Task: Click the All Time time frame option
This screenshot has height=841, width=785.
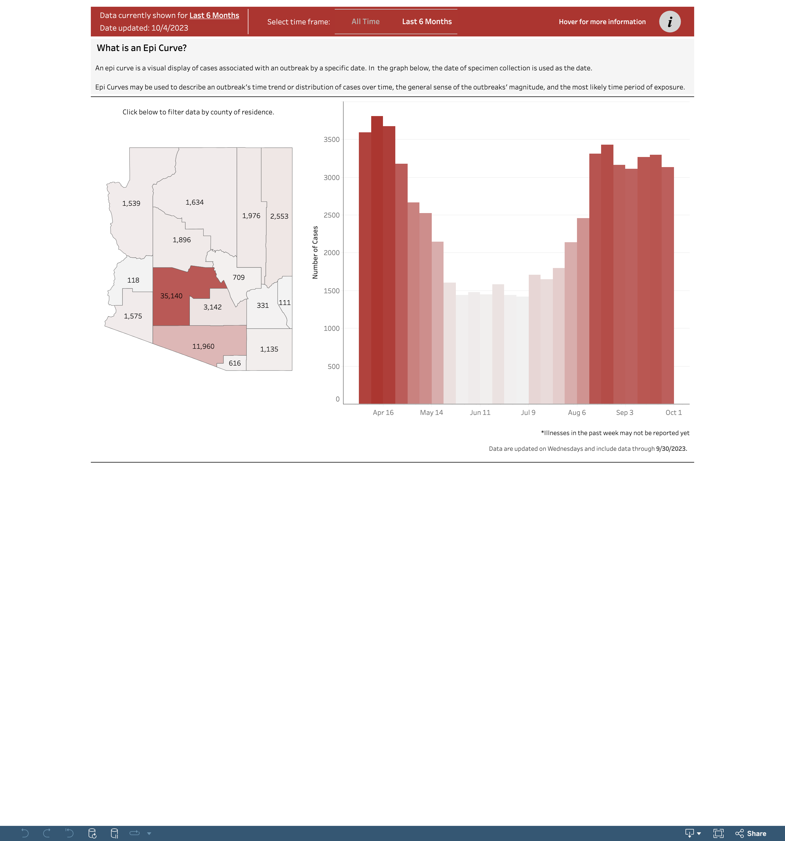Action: [x=365, y=22]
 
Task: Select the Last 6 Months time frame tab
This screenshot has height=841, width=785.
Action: [x=427, y=22]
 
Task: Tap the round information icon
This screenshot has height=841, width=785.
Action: [x=669, y=22]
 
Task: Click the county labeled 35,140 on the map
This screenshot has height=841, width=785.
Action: [x=171, y=296]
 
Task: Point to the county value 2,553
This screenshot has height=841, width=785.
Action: [x=279, y=216]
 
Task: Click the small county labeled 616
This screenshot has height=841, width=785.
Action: [x=234, y=363]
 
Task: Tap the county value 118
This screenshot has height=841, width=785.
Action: [x=133, y=280]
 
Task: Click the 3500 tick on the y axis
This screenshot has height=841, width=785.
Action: [x=331, y=140]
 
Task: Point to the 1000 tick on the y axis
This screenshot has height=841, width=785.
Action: [x=331, y=328]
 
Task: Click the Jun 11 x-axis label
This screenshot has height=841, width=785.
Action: [x=480, y=412]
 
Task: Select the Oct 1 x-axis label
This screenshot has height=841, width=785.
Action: [x=673, y=412]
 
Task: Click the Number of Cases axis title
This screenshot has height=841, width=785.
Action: [x=315, y=253]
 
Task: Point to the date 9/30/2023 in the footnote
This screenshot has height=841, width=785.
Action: [x=671, y=449]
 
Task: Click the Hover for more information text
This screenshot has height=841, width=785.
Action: [x=602, y=22]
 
